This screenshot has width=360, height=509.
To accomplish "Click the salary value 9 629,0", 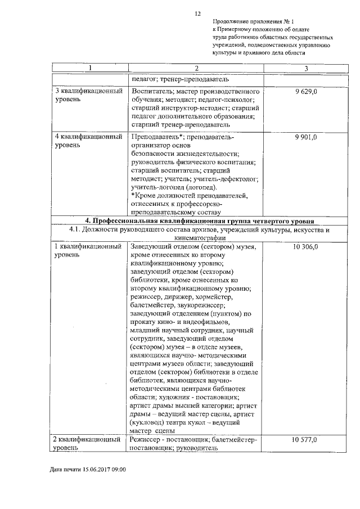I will point(305,91).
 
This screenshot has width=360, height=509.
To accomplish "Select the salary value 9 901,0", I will point(305,137).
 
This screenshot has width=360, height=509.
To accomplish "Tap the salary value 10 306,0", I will point(305,247).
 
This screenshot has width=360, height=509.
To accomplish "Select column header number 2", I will point(196,68).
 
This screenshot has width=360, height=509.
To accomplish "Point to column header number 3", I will point(305,68).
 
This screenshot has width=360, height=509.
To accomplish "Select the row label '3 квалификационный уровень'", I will point(88,95).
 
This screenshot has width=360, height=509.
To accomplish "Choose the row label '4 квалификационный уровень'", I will point(88,141).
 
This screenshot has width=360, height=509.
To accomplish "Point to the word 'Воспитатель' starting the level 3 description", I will point(150,91).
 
